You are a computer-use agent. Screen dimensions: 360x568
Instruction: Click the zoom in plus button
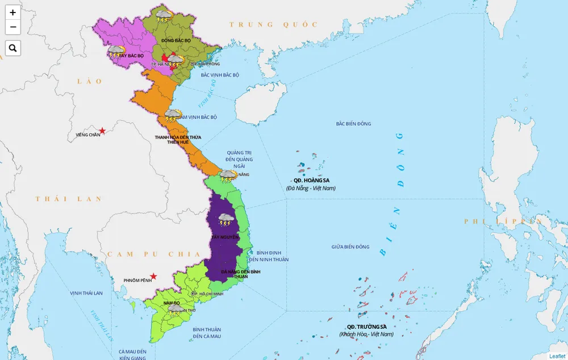[x=12, y=12]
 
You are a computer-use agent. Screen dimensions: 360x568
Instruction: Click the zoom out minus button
[x=12, y=27]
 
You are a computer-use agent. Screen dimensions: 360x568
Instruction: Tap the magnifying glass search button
[x=12, y=48]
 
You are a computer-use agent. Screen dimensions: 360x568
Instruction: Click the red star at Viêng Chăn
[x=102, y=131]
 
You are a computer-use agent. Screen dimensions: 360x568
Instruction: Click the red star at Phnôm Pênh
[x=153, y=277]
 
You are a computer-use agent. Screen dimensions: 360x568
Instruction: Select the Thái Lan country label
[x=68, y=199]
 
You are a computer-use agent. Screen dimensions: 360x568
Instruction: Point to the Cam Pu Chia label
[x=146, y=254]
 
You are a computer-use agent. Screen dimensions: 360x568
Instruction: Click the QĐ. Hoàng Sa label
[x=311, y=181]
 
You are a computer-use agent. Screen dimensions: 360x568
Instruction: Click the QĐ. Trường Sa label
[x=366, y=326]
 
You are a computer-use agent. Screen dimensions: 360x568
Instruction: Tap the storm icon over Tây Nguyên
[x=227, y=219]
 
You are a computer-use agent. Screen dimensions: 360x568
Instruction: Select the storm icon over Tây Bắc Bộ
[x=116, y=52]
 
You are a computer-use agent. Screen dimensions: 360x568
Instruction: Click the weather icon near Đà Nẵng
[x=228, y=175]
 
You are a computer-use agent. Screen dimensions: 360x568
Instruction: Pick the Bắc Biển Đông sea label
[x=353, y=124]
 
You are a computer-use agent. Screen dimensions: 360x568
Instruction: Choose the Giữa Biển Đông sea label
[x=350, y=247]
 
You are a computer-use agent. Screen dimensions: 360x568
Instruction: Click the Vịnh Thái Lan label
[x=86, y=293]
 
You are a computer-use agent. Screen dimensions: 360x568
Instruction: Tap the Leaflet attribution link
[x=557, y=356]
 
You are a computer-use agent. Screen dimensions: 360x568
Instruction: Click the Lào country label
[x=90, y=81]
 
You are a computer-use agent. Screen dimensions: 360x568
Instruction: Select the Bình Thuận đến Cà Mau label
[x=207, y=333]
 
